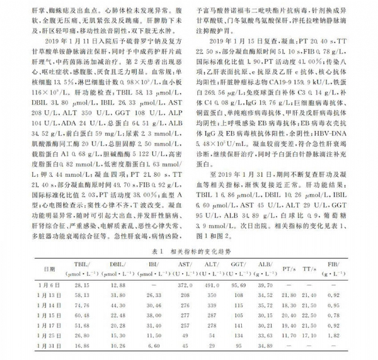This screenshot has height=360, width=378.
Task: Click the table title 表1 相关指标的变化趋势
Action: coord(188,249)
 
